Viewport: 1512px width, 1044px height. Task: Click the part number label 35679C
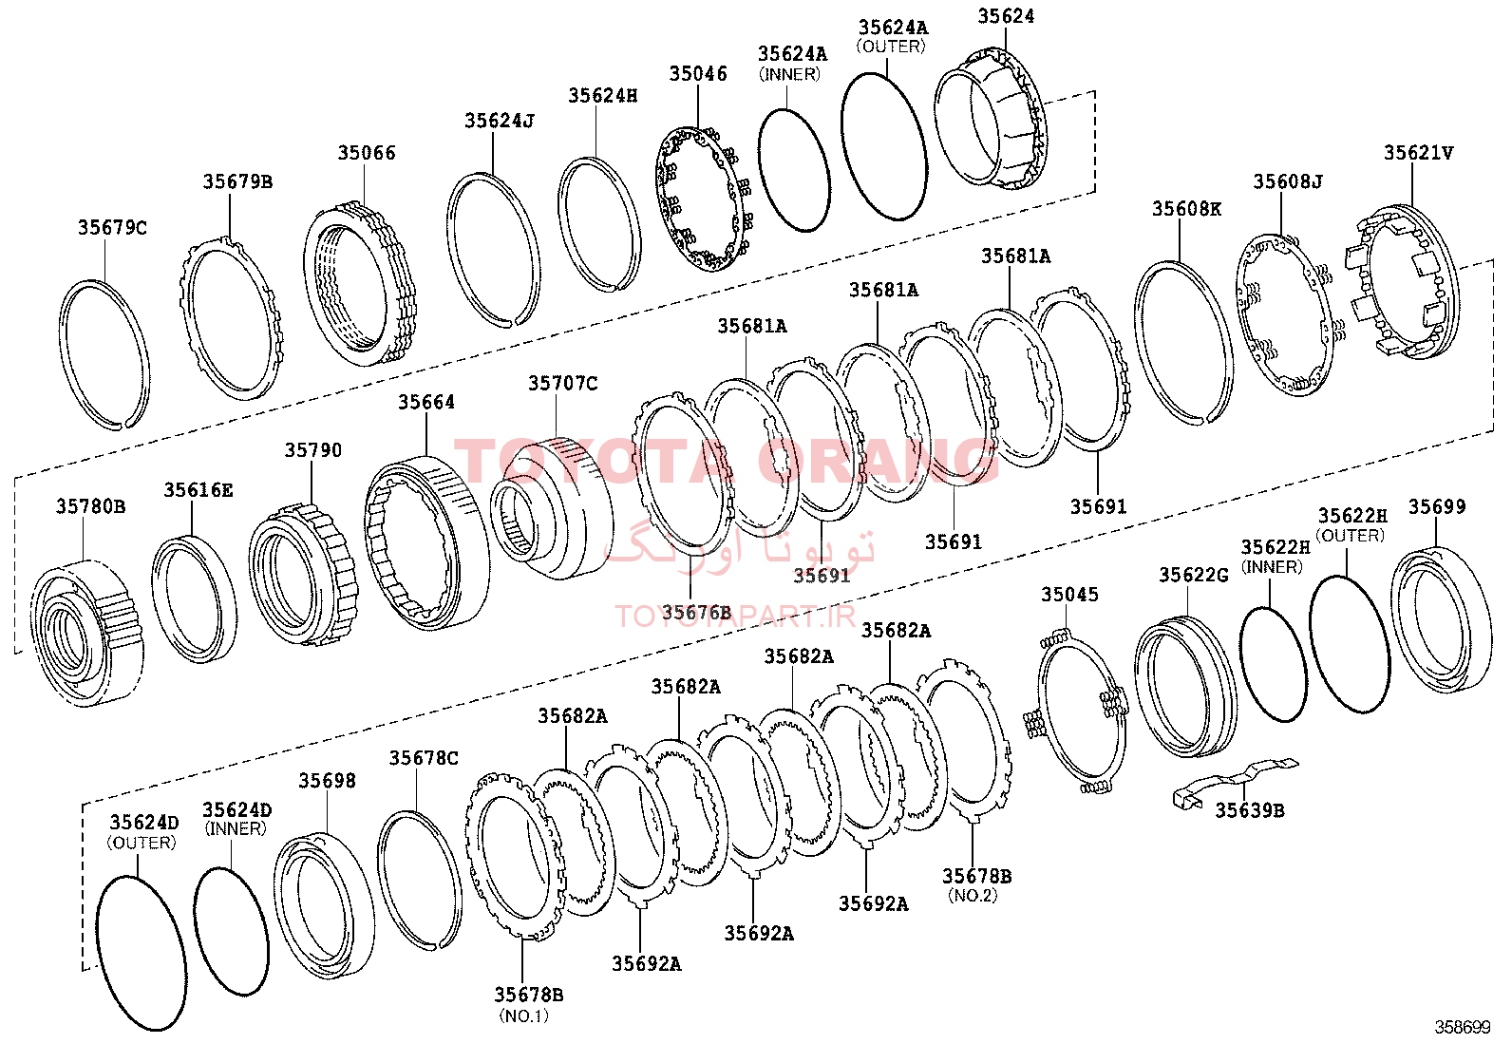click(x=112, y=228)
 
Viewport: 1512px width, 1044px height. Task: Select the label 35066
click(x=367, y=153)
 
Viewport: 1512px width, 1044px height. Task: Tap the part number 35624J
click(x=500, y=121)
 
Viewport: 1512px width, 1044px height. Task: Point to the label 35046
click(x=698, y=73)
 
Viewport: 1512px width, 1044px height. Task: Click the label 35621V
click(x=1419, y=153)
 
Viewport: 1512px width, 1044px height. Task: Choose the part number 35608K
click(x=1186, y=209)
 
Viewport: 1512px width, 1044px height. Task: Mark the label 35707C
click(x=563, y=384)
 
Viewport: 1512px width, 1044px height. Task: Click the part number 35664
click(x=426, y=403)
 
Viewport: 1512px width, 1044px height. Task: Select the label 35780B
click(x=90, y=506)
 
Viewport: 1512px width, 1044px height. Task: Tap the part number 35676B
click(x=696, y=613)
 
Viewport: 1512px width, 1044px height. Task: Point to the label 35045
click(x=1069, y=595)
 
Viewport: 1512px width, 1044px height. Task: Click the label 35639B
click(x=1250, y=810)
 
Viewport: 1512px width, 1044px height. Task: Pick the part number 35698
click(x=328, y=781)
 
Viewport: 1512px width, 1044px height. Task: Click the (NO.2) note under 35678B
click(x=973, y=896)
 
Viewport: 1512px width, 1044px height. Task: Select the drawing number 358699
click(x=1462, y=1027)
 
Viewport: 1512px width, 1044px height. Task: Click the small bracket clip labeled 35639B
click(x=1236, y=780)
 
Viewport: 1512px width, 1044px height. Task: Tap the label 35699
click(x=1437, y=507)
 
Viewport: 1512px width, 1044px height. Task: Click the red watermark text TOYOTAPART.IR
click(x=735, y=617)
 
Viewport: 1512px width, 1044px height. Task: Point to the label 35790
click(x=313, y=450)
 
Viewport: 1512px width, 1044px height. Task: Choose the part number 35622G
click(x=1194, y=576)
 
